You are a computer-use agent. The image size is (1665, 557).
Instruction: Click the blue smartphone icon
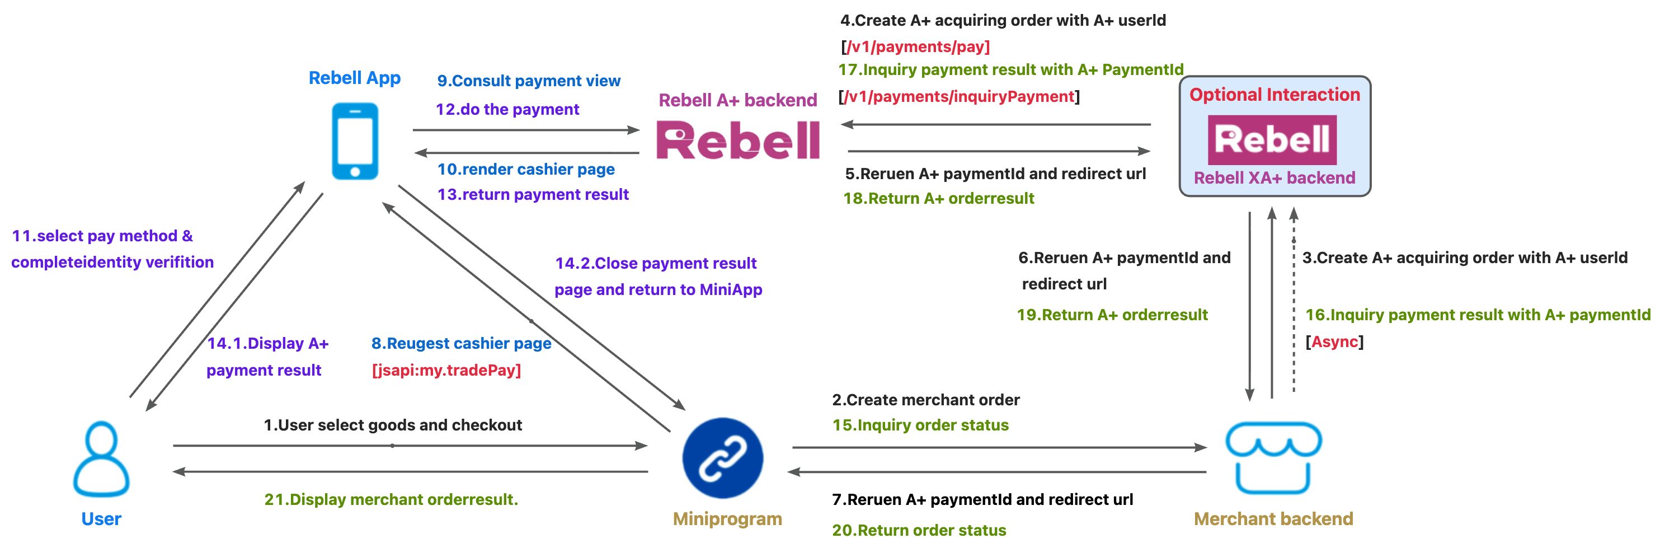(x=355, y=141)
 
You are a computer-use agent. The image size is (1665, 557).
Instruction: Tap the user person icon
(x=101, y=458)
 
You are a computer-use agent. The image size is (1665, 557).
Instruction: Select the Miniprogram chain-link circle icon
(x=723, y=457)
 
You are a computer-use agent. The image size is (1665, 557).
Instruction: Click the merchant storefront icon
(x=1273, y=457)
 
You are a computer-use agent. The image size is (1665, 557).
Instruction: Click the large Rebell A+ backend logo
(x=737, y=141)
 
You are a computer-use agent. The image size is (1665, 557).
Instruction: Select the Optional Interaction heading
(x=1274, y=95)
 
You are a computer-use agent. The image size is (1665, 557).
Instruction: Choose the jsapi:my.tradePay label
(x=446, y=370)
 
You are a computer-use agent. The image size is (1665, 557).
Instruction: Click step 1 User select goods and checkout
(x=392, y=425)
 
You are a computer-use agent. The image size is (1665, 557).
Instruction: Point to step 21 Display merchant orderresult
(x=391, y=499)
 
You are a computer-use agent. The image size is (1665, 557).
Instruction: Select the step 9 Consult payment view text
(x=529, y=81)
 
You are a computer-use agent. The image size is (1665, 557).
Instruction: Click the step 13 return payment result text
(x=533, y=194)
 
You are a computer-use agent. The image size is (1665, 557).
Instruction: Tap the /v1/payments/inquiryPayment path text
(x=959, y=96)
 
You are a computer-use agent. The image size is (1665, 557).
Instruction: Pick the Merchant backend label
(x=1273, y=519)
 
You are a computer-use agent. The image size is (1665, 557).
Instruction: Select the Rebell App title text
(x=354, y=78)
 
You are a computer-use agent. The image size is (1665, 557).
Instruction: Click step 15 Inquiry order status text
(x=920, y=425)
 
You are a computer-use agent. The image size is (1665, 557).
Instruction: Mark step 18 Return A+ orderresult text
(x=938, y=199)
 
